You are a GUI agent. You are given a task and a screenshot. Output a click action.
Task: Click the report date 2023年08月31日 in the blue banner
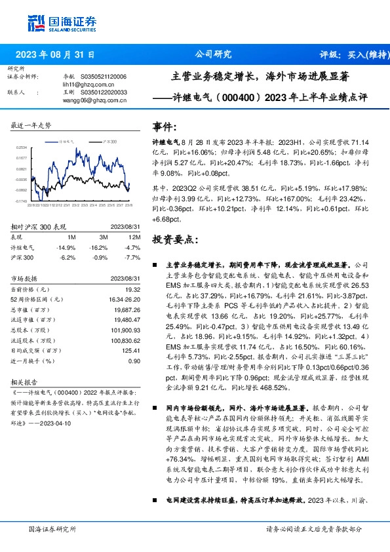[54, 55]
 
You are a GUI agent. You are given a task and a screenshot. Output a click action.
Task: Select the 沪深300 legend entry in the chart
[109, 142]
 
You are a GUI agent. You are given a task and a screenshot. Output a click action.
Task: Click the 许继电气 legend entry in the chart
[68, 142]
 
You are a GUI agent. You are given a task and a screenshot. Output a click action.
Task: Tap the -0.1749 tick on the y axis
[22, 201]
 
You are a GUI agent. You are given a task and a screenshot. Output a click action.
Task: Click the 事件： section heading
[164, 127]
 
